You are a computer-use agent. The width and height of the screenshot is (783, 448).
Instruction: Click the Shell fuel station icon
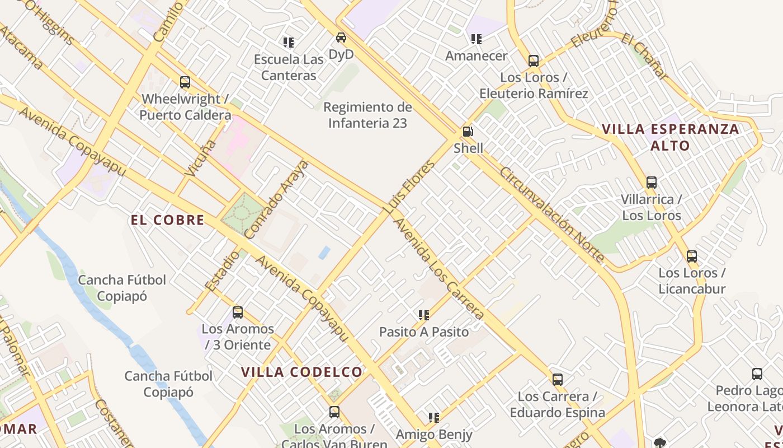468,132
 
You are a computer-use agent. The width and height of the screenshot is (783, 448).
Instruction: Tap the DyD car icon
341,38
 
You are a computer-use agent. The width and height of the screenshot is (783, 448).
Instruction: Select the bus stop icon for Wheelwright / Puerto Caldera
185,82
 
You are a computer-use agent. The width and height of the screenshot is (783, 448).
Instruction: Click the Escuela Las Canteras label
289,67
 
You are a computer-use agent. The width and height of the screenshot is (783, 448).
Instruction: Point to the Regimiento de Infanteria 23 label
367,115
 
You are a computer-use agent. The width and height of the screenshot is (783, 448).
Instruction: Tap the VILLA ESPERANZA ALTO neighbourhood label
671,137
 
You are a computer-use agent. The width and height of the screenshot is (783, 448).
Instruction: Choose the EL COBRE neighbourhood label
167,220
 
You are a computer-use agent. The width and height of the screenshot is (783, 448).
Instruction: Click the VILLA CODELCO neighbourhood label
302,372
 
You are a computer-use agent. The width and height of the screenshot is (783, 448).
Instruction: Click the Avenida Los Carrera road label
439,269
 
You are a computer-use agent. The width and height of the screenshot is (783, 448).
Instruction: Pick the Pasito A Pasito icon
424,315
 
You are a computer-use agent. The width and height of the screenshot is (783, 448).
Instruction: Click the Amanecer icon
477,39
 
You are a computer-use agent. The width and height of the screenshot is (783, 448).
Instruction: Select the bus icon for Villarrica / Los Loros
652,183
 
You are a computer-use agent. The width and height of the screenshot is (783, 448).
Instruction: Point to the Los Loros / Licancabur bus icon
692,256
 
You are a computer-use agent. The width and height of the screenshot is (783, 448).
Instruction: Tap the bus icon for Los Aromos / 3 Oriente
238,312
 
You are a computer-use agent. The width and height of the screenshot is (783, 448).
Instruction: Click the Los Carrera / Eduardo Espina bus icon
558,380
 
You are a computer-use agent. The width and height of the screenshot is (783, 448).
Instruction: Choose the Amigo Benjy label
434,434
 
